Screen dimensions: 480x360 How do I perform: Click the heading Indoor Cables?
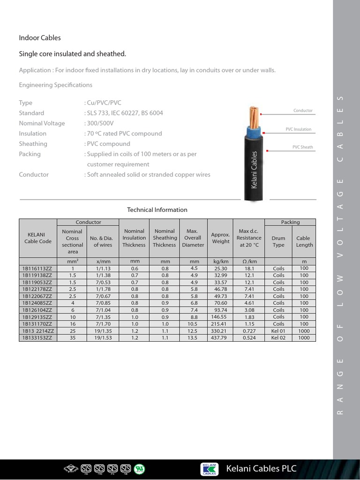(x=40, y=37)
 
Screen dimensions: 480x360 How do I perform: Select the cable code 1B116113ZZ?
(x=37, y=269)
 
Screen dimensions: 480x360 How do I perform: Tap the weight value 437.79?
(x=220, y=337)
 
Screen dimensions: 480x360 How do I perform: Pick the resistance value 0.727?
(x=249, y=331)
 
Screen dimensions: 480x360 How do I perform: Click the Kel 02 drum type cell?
(x=278, y=337)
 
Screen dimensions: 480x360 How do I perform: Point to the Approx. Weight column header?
(x=220, y=238)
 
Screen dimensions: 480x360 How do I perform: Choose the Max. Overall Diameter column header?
(x=193, y=238)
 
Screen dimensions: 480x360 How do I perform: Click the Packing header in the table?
(x=290, y=222)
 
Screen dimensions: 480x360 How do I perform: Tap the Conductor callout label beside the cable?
(x=303, y=111)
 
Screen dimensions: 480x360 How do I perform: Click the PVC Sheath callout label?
(x=302, y=147)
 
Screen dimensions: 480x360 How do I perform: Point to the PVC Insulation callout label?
(x=298, y=129)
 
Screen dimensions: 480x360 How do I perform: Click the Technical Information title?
(x=157, y=210)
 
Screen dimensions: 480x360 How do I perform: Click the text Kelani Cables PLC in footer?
(x=261, y=469)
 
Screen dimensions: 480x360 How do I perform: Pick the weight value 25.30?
(x=220, y=269)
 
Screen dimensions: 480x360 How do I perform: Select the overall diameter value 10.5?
(x=193, y=324)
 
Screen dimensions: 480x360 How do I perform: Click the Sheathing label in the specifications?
(x=33, y=144)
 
